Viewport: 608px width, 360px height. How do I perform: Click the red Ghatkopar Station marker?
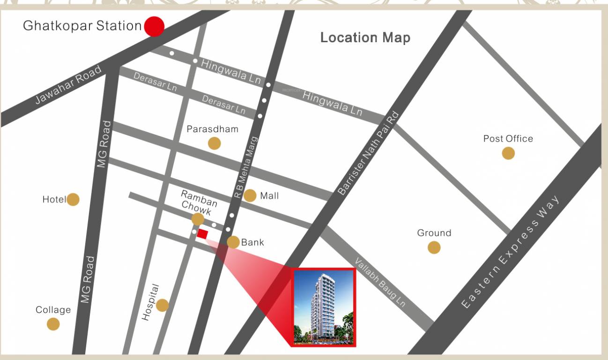(154, 27)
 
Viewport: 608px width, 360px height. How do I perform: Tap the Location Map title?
(365, 37)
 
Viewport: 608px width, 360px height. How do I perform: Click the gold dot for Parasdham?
(215, 143)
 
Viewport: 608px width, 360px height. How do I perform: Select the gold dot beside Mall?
(250, 195)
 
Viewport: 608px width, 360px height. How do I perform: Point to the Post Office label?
(508, 139)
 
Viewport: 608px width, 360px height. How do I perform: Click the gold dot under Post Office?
(508, 153)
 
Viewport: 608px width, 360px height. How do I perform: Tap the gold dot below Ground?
(434, 247)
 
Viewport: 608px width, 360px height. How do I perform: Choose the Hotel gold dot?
(73, 200)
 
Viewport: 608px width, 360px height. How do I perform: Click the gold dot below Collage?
(53, 324)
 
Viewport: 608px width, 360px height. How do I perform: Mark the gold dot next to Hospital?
(162, 305)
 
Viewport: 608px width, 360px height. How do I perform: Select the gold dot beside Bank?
(233, 242)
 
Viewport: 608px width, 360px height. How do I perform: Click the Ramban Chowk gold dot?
(198, 219)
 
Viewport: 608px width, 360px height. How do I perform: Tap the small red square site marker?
(202, 233)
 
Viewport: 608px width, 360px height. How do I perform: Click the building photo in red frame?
(324, 307)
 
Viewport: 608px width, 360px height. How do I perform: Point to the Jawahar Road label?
(68, 85)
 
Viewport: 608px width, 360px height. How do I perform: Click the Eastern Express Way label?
(510, 253)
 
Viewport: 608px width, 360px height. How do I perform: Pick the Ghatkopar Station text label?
(82, 26)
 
